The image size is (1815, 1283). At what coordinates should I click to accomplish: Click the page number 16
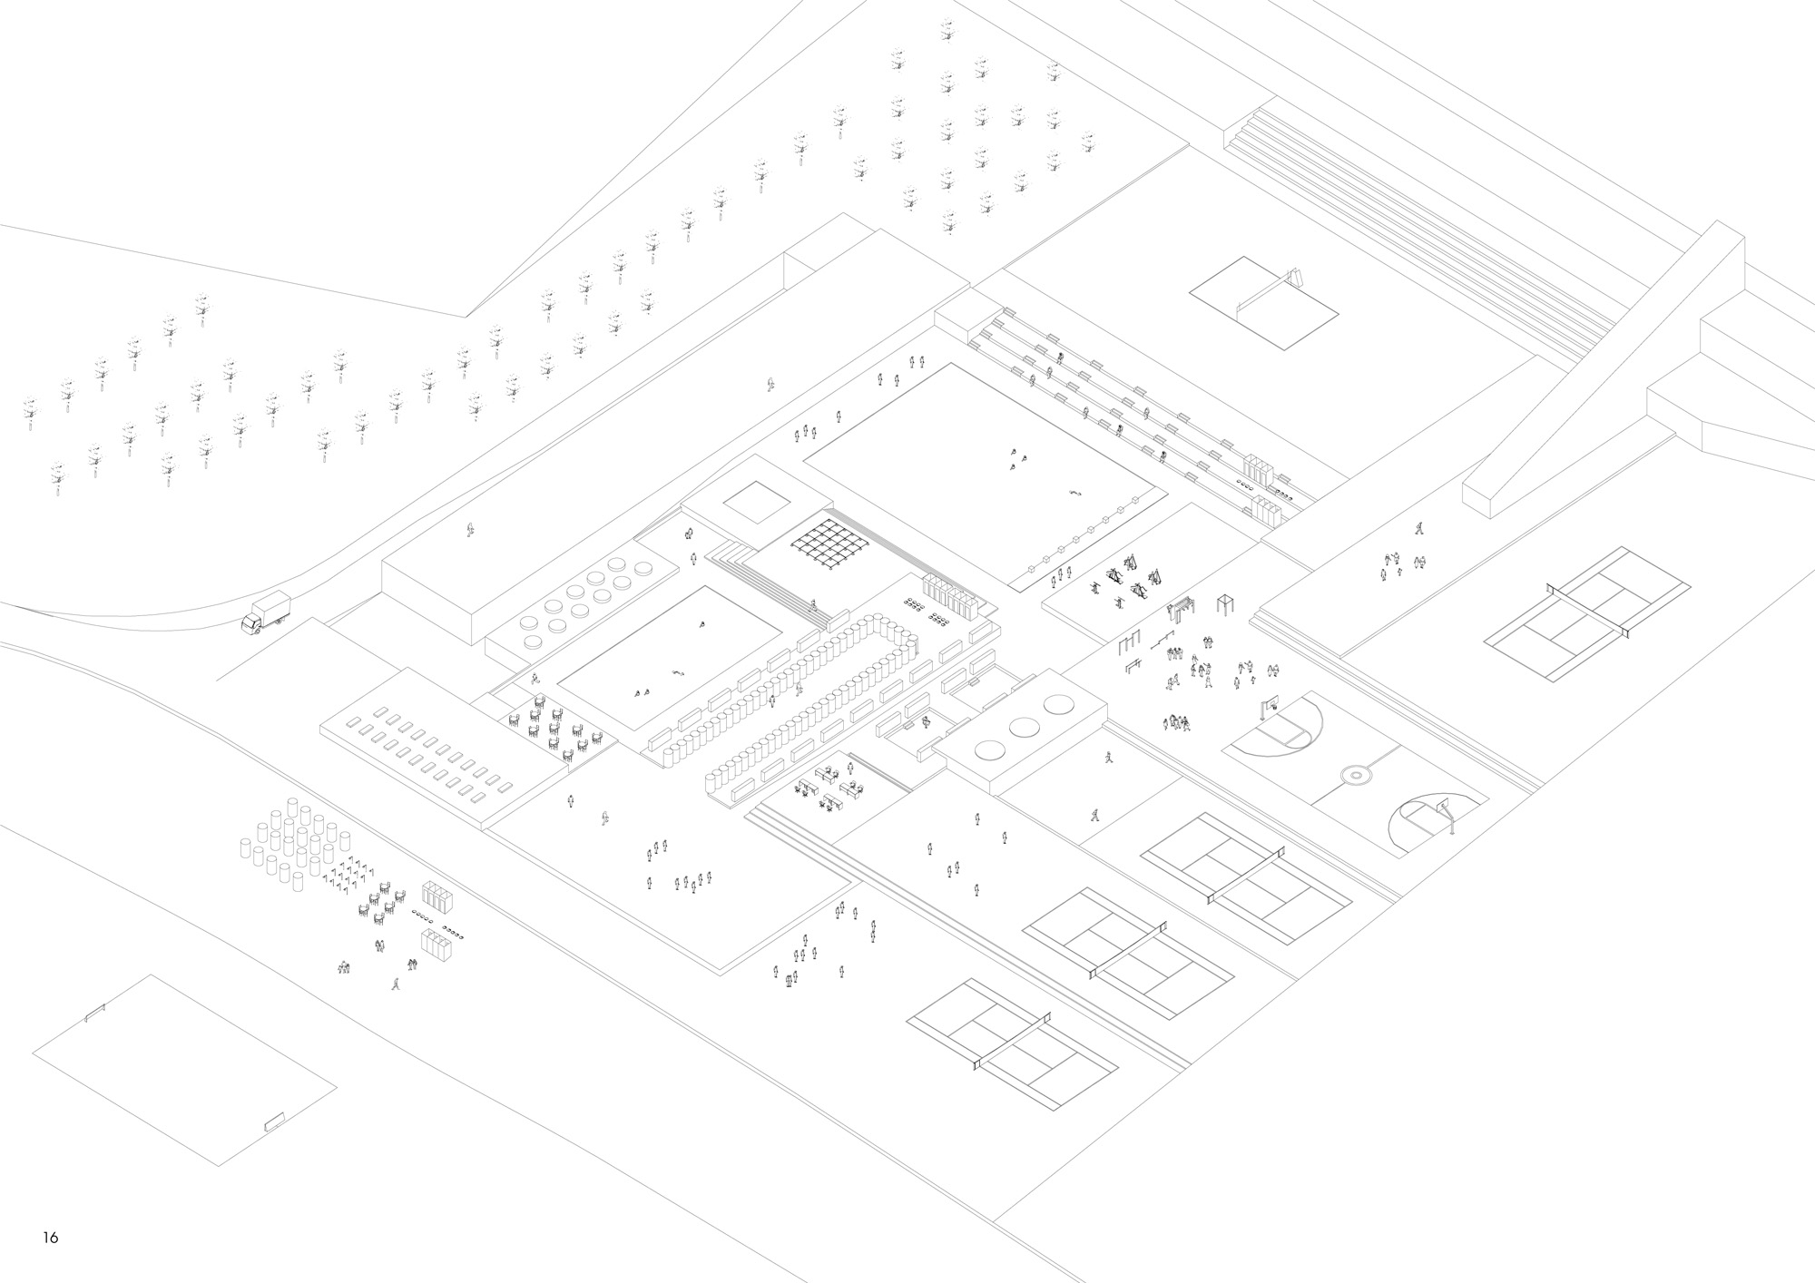tap(50, 1237)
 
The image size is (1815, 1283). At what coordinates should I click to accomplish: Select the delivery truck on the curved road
tap(266, 612)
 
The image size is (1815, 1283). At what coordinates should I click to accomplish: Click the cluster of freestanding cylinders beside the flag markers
tap(290, 842)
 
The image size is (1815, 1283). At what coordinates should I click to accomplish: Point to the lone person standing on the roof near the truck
tap(470, 530)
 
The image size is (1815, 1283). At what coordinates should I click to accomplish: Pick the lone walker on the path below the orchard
tap(770, 385)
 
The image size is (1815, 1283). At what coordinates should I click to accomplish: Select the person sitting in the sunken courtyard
tap(925, 722)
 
